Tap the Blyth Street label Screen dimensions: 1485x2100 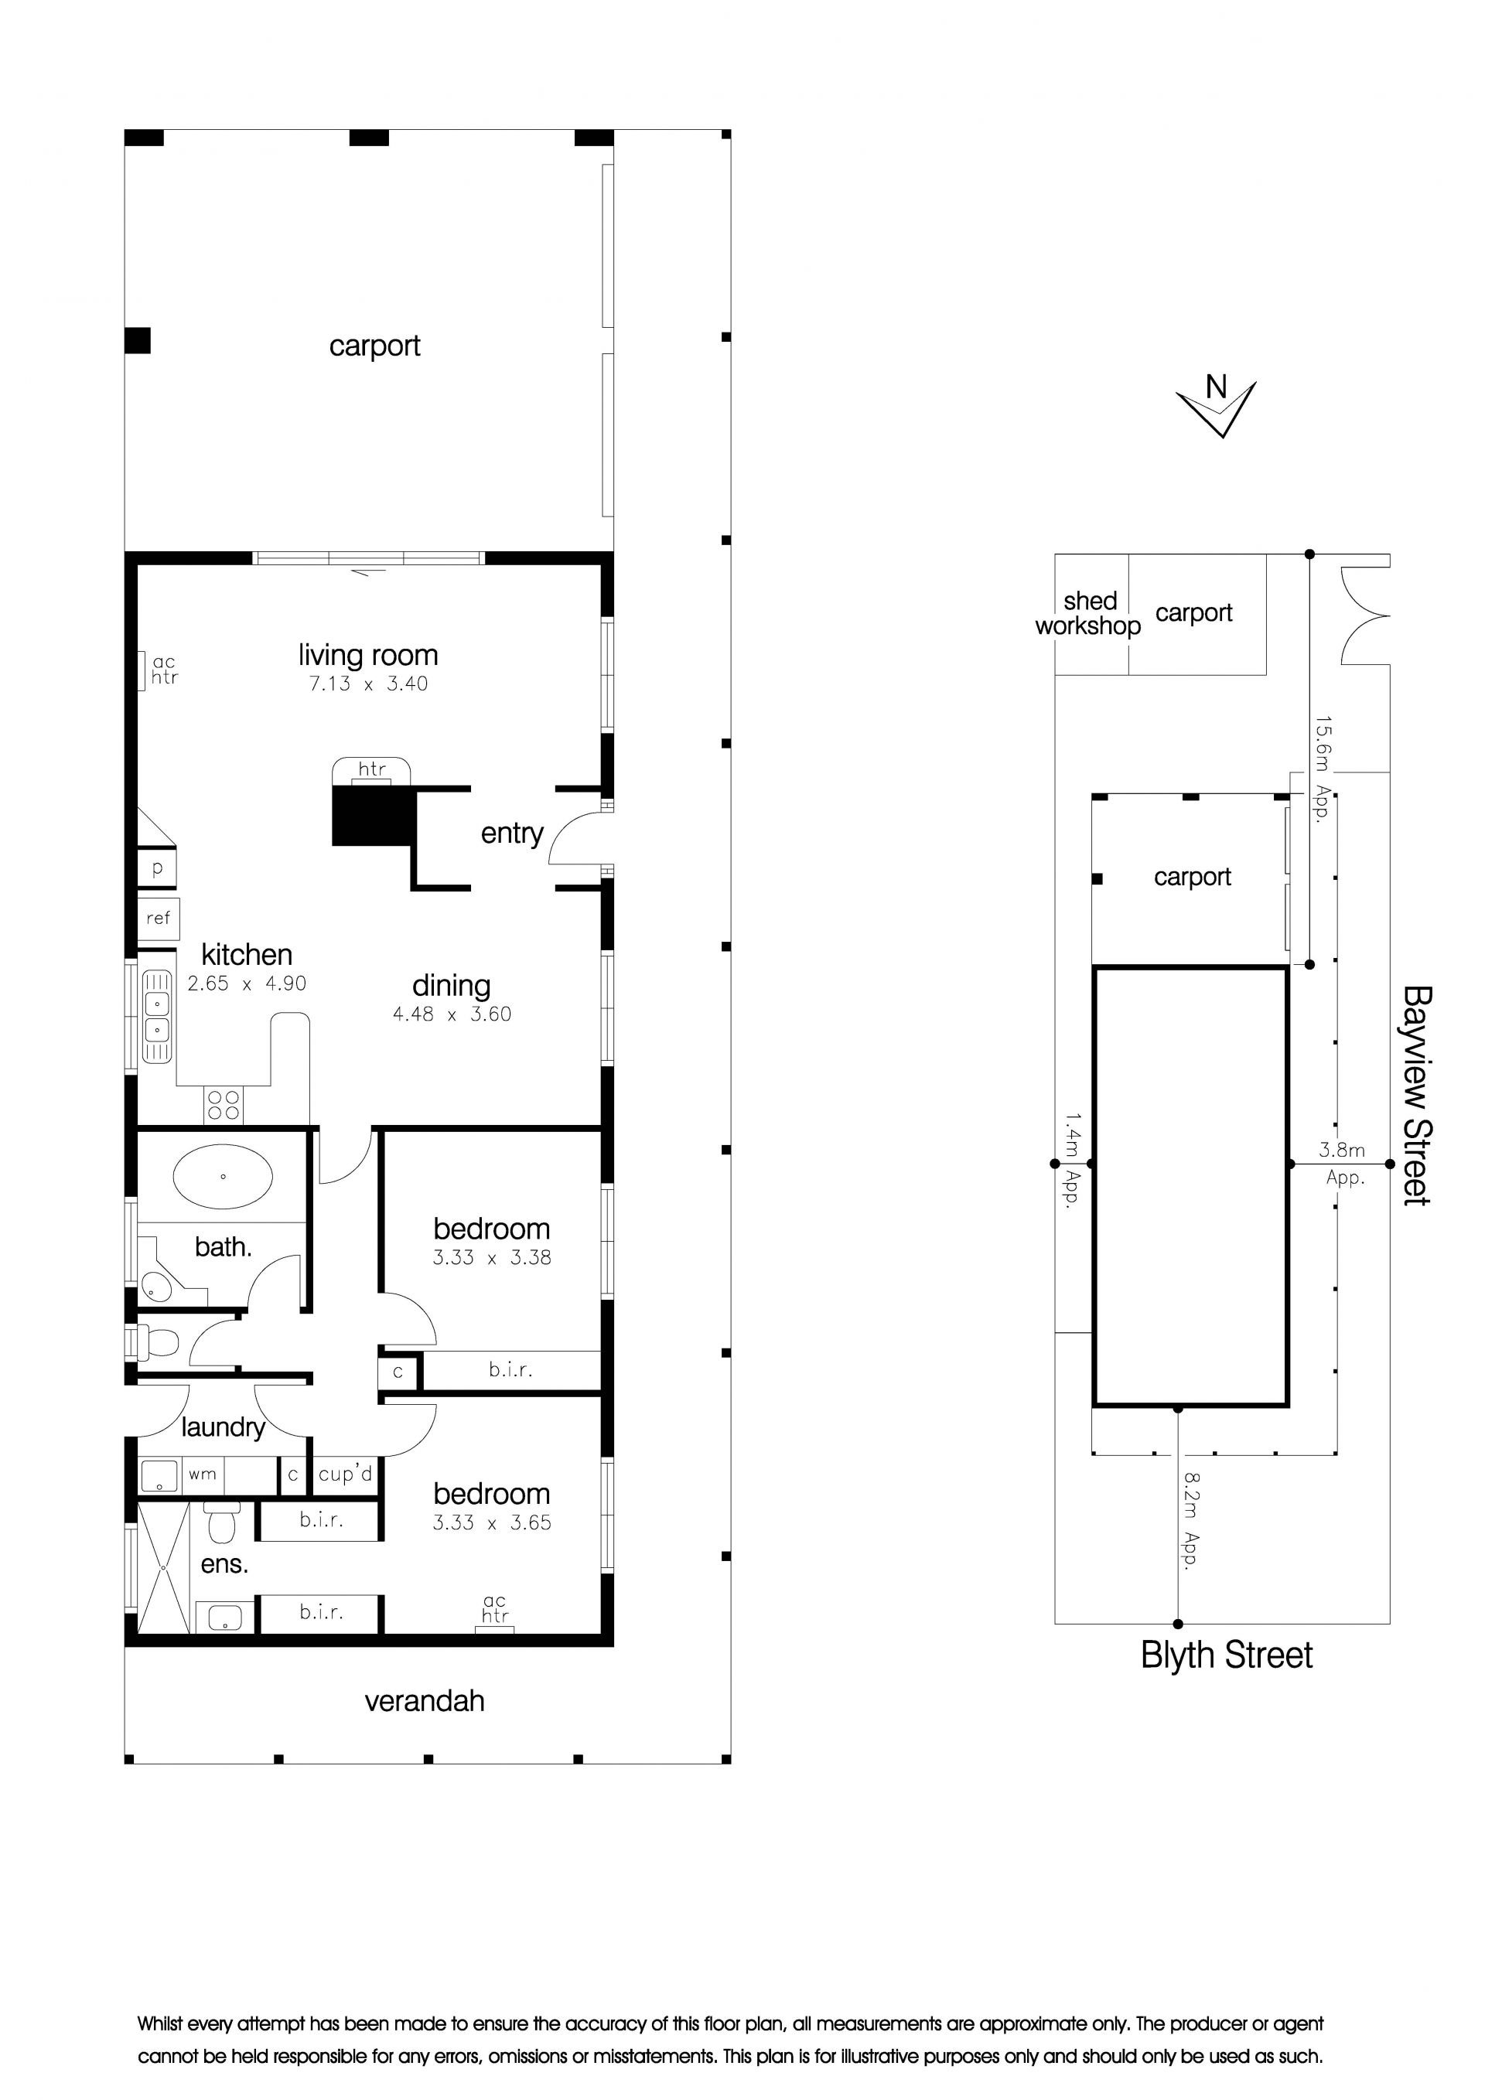pyautogui.click(x=1226, y=1655)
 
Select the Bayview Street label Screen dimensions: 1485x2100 pyautogui.click(x=1416, y=1096)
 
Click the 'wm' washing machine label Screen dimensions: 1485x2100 pyautogui.click(x=202, y=1474)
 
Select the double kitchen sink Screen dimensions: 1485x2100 pyautogui.click(x=156, y=1017)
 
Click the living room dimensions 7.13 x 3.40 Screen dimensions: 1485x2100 pyautogui.click(x=368, y=684)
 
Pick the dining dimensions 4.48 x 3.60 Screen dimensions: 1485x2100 pyautogui.click(x=452, y=1014)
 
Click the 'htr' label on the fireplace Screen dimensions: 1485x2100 pyautogui.click(x=371, y=769)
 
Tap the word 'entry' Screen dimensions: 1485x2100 pyautogui.click(x=511, y=834)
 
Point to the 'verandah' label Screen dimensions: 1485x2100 pyautogui.click(x=425, y=1701)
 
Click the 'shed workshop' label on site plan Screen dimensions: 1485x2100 pyautogui.click(x=1089, y=613)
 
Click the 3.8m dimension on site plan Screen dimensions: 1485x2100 pyautogui.click(x=1342, y=1150)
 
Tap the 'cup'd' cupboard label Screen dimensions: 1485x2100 pyautogui.click(x=346, y=1474)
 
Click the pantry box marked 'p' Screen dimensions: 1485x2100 pyautogui.click(x=157, y=869)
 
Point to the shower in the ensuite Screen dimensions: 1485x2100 pyautogui.click(x=164, y=1566)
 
